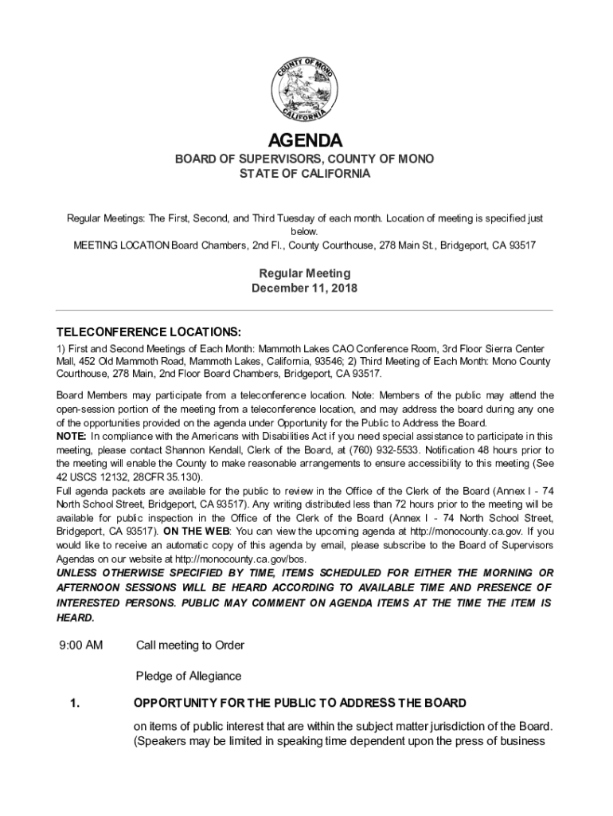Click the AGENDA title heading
tap(305, 141)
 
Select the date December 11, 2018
tap(305, 288)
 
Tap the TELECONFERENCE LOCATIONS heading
tap(148, 331)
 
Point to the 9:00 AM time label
tap(80, 644)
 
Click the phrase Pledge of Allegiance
tap(189, 676)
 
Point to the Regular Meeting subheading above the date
tap(305, 273)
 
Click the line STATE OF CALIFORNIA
tap(305, 174)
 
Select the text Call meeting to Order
tap(190, 644)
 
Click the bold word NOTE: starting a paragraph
tap(72, 436)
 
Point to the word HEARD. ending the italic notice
tap(76, 618)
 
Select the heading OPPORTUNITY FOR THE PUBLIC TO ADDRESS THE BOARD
tap(299, 703)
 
